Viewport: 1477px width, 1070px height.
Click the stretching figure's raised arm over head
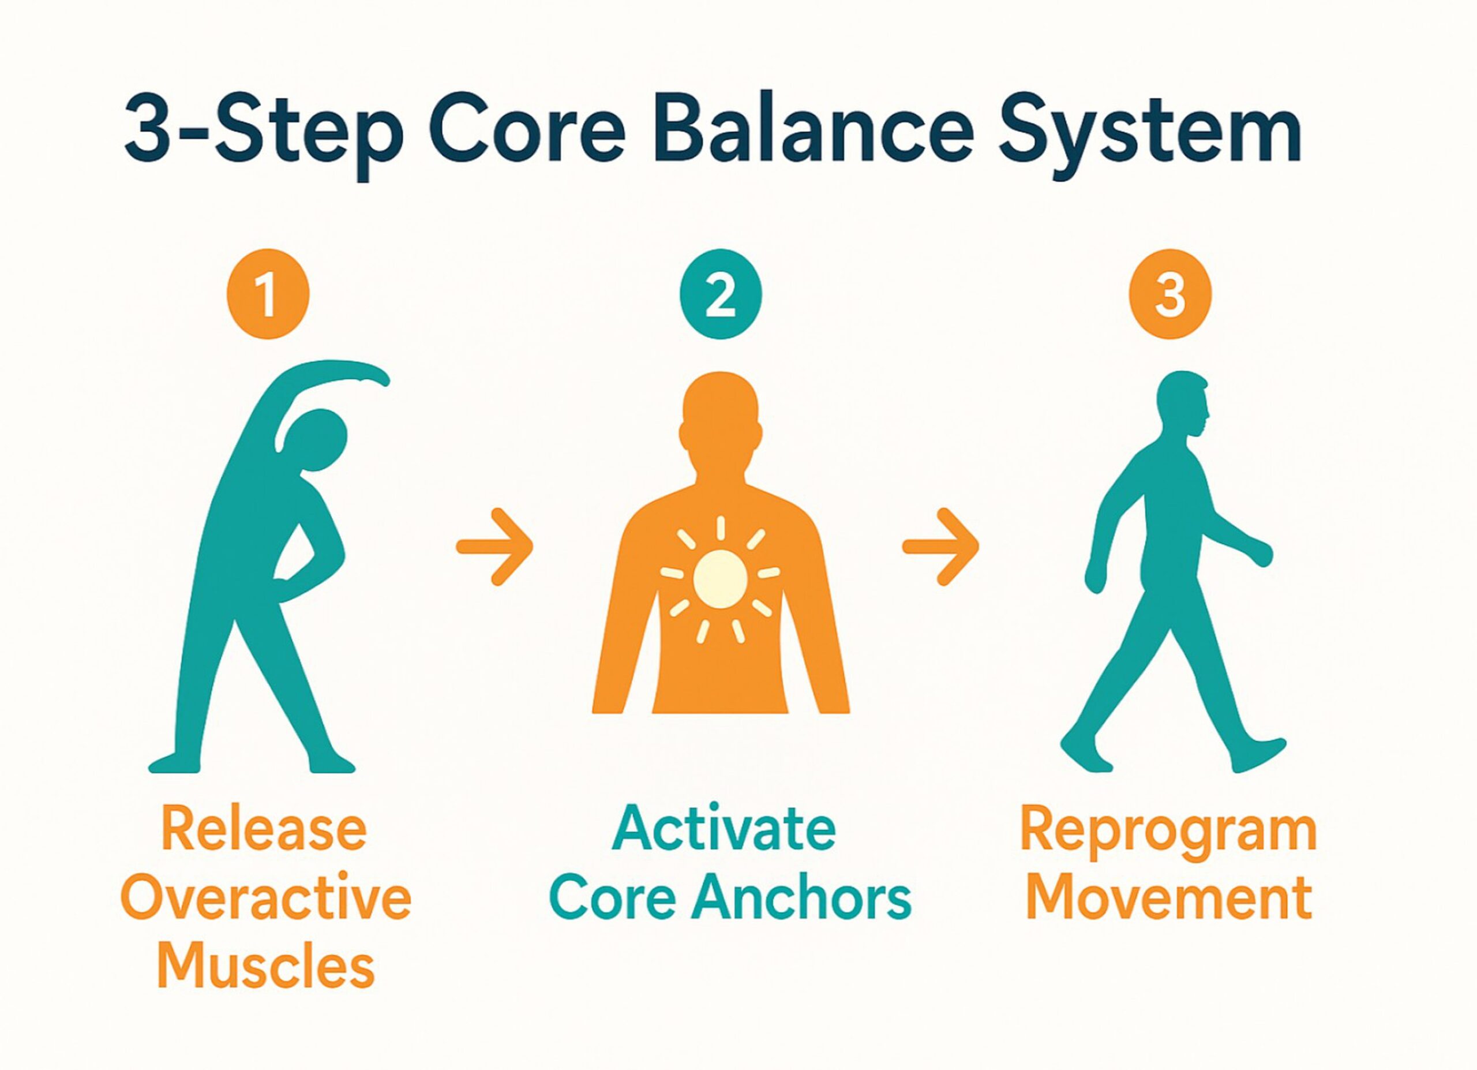click(325, 377)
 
